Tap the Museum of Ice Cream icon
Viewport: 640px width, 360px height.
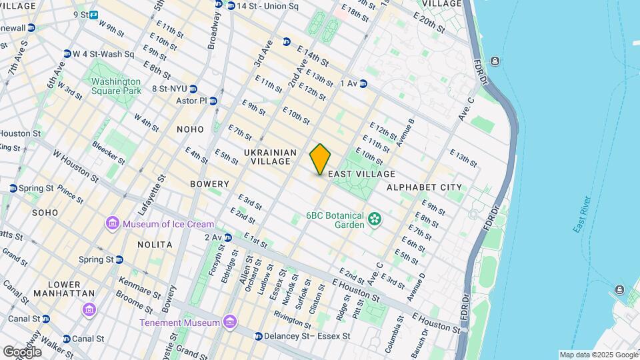[112, 224]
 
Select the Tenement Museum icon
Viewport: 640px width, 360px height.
[230, 323]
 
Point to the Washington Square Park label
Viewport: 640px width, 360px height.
[117, 86]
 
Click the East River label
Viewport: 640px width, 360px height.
[582, 215]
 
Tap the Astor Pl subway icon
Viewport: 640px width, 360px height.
[213, 101]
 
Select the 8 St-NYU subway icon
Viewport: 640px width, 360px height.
[193, 89]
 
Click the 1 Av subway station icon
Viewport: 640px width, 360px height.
[363, 83]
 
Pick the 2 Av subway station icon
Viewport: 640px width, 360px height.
[228, 237]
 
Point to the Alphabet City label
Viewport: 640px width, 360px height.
[424, 187]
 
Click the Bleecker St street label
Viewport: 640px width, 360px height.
[109, 152]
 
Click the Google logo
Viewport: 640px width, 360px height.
[22, 351]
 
